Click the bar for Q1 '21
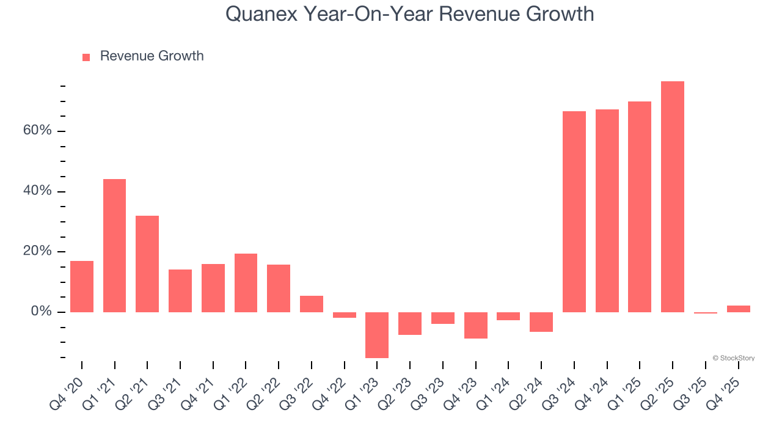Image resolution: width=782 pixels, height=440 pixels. tap(114, 246)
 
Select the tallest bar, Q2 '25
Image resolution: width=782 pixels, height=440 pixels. tap(673, 197)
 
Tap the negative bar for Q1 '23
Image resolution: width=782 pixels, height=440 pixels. tap(377, 335)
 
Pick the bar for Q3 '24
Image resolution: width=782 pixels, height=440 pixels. tap(574, 211)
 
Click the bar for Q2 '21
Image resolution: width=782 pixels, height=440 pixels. tap(147, 264)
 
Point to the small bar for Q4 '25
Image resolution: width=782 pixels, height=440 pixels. tap(738, 309)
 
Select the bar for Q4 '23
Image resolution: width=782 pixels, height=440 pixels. tap(476, 325)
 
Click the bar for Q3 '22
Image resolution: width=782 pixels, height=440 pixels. tap(312, 304)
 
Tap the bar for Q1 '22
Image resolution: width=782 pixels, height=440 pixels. tap(246, 283)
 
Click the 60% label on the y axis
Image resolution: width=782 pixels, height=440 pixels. tap(38, 131)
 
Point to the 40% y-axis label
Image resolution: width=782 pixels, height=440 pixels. tap(38, 191)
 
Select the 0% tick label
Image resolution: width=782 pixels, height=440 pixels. tap(42, 312)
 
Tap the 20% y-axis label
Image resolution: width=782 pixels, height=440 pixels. tap(38, 251)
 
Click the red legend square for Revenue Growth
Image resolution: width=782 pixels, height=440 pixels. tap(86, 57)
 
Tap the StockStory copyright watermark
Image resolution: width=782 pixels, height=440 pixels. tap(734, 358)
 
